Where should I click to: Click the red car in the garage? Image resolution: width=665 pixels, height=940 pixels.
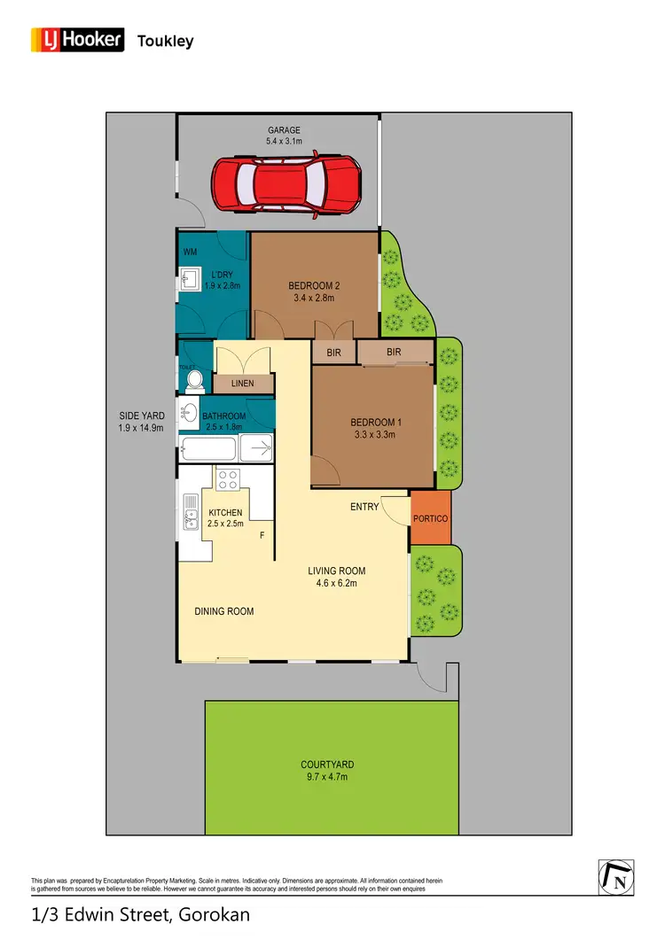(x=286, y=183)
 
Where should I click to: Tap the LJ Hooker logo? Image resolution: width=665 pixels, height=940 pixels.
(x=78, y=40)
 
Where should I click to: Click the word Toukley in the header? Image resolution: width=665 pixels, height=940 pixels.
(x=165, y=41)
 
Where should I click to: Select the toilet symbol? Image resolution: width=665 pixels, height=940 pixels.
(x=195, y=380)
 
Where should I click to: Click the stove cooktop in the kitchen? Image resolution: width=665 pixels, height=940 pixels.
(x=227, y=479)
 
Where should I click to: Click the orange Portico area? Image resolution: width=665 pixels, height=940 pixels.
(x=430, y=518)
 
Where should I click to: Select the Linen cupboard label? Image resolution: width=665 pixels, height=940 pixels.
(x=242, y=384)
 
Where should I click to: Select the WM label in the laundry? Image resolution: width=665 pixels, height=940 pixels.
(x=190, y=252)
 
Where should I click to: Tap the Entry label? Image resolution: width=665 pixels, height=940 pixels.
(x=364, y=507)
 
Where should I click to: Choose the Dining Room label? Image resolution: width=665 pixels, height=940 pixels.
(x=224, y=611)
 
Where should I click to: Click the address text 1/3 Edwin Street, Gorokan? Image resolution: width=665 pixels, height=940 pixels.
(x=141, y=913)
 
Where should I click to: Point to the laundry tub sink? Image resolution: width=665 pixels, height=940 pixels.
(x=188, y=283)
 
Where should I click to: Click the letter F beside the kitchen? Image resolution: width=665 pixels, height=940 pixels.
(x=262, y=536)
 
